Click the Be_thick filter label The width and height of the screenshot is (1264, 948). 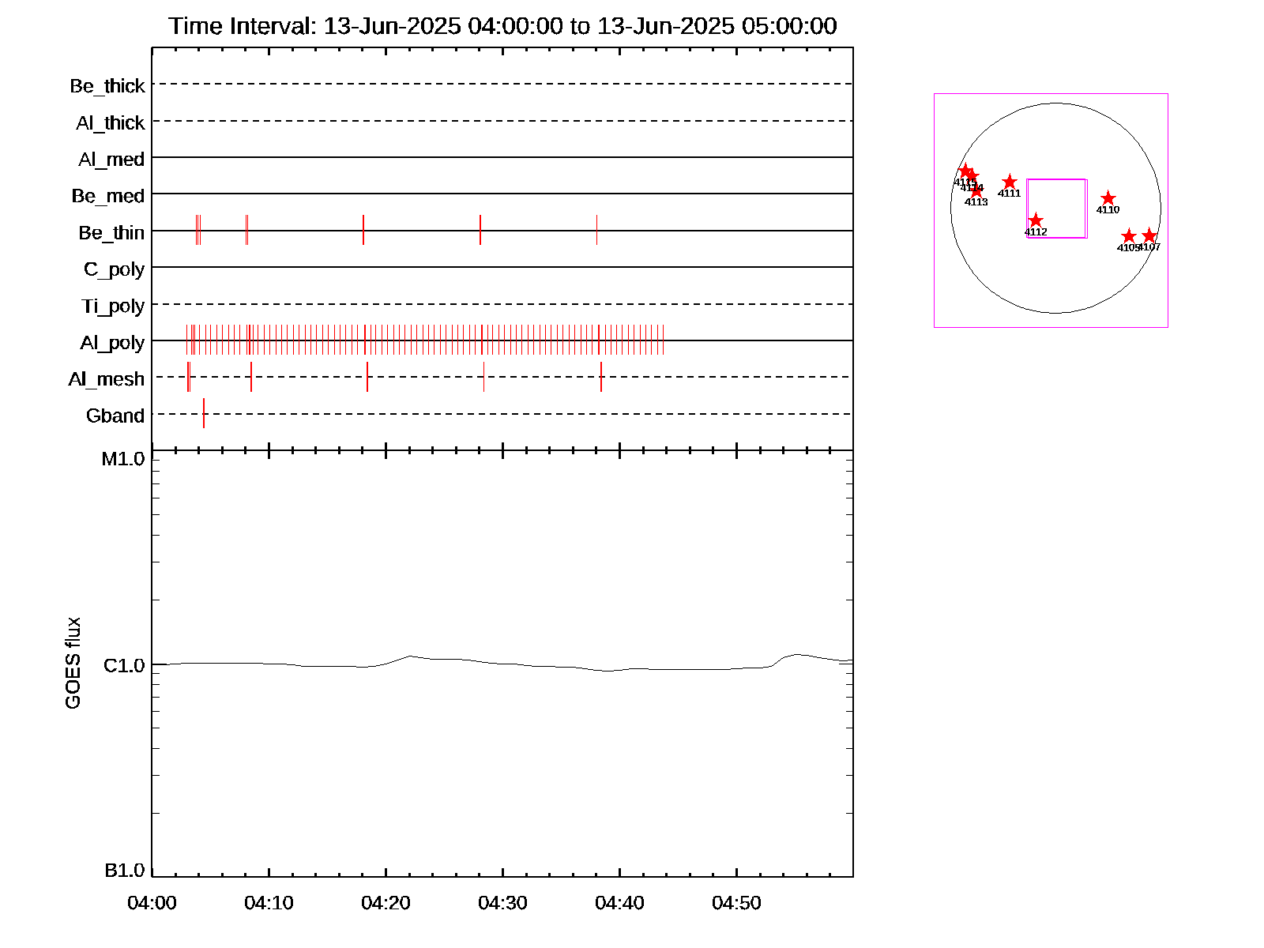click(x=107, y=86)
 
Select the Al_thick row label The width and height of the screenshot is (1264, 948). click(x=111, y=123)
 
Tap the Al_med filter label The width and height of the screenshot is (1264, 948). click(x=111, y=160)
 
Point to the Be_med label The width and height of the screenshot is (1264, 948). click(x=108, y=196)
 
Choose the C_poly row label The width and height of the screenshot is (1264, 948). click(x=115, y=269)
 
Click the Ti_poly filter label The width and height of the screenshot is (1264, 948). click(x=113, y=306)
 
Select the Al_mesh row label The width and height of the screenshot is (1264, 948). click(x=107, y=379)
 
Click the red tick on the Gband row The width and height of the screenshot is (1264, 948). click(x=204, y=413)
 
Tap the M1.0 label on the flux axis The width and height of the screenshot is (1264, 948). click(x=123, y=459)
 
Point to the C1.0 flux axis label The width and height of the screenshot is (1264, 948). click(x=125, y=666)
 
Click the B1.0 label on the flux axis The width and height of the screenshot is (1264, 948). click(x=125, y=871)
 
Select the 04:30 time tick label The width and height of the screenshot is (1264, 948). click(x=502, y=903)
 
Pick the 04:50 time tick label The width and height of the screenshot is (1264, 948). click(x=736, y=903)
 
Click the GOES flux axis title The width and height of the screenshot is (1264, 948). click(x=73, y=663)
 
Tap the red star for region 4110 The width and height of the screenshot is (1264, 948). click(x=1108, y=198)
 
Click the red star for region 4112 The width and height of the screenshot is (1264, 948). click(x=1036, y=220)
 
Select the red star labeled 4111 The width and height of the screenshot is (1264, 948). click(x=1010, y=182)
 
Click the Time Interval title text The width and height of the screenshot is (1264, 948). click(x=502, y=26)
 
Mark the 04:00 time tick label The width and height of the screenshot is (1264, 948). click(x=152, y=903)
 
